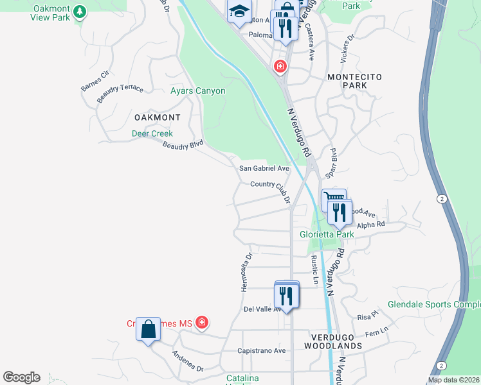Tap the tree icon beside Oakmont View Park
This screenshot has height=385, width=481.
click(x=79, y=12)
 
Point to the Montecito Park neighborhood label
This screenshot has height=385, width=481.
click(x=354, y=81)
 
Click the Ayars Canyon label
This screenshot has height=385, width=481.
click(x=197, y=91)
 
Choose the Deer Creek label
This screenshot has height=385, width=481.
click(x=152, y=133)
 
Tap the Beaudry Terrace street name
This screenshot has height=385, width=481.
click(x=120, y=92)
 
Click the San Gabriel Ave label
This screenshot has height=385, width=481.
click(x=264, y=168)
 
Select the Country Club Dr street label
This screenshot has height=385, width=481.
click(x=270, y=186)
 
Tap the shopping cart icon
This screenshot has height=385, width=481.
click(x=334, y=199)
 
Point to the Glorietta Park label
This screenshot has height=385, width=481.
click(x=327, y=234)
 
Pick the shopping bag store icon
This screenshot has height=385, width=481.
click(x=149, y=330)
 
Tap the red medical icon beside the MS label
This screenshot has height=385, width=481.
click(x=202, y=321)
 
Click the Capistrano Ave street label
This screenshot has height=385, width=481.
click(x=261, y=351)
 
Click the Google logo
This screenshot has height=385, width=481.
click(x=21, y=377)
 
